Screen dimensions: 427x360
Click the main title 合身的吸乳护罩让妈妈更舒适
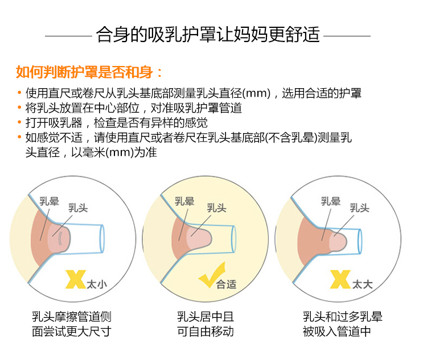[208, 35]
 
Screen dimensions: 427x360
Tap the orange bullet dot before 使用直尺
[19, 93]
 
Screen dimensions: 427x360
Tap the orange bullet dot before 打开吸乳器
[19, 122]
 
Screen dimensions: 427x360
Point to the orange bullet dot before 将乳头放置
[19, 107]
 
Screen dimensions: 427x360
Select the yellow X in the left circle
[75, 279]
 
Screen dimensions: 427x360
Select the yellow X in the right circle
[340, 279]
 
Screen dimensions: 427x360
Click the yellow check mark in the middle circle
[212, 275]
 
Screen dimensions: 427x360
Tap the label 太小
[97, 284]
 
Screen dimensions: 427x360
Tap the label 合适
[226, 284]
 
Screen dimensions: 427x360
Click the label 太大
[362, 284]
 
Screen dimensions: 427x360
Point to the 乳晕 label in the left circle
[49, 201]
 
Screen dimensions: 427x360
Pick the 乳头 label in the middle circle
[216, 208]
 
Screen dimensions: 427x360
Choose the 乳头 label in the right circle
[359, 208]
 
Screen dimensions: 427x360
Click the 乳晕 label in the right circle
[331, 201]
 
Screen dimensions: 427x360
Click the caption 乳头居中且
[206, 317]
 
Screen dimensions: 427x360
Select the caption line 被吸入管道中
[336, 332]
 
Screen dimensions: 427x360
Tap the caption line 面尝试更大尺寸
[72, 332]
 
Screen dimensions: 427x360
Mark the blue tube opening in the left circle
[102, 239]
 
